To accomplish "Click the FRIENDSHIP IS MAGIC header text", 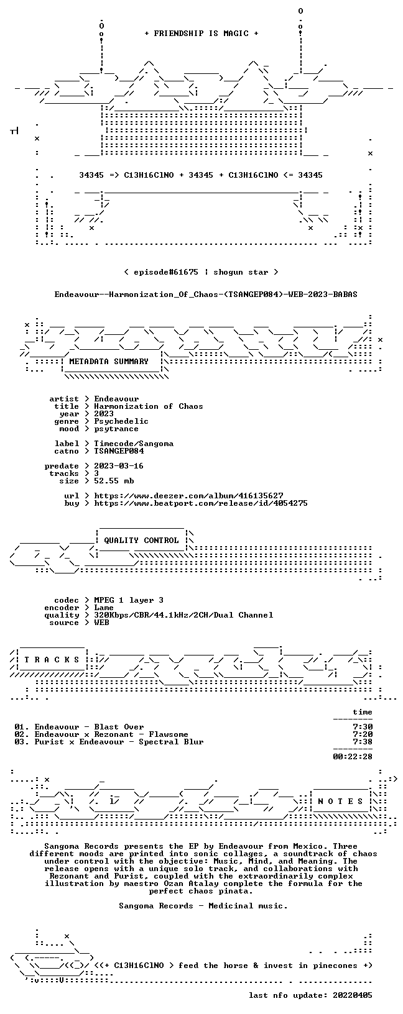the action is [x=201, y=34].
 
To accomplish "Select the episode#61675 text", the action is [x=166, y=272].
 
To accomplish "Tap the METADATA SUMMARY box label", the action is [x=109, y=362].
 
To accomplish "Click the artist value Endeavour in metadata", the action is [x=116, y=399].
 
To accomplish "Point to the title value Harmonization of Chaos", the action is [x=149, y=406].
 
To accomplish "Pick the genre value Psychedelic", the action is [x=121, y=421].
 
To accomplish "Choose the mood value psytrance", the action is [x=116, y=429].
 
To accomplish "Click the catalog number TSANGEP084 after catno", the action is [x=119, y=451].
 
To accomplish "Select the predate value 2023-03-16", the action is [x=119, y=466].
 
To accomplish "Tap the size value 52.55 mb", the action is [x=114, y=481].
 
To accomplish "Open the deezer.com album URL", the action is [x=188, y=496].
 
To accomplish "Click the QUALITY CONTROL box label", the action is [x=141, y=541].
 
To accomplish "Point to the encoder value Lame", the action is [x=104, y=608].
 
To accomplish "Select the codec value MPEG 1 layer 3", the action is [x=129, y=600].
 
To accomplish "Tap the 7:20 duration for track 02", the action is [x=363, y=734].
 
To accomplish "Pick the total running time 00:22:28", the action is [x=353, y=756].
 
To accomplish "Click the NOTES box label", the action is [x=340, y=802].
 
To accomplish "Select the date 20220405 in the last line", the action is [x=353, y=995].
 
